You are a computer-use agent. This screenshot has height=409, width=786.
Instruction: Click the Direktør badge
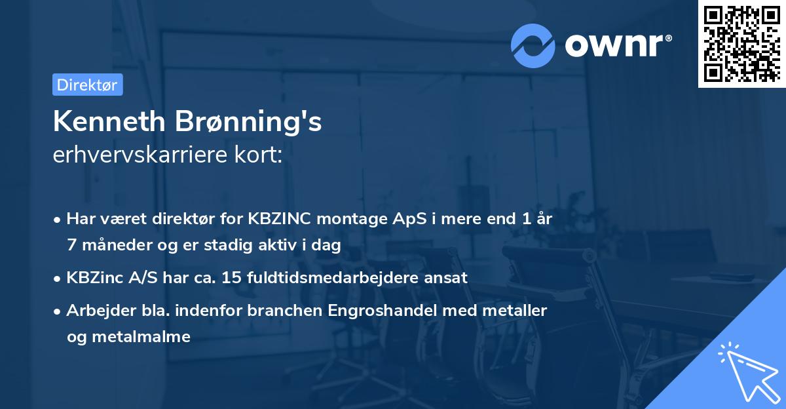pyautogui.click(x=87, y=85)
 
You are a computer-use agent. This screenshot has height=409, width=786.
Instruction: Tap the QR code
pyautogui.click(x=741, y=44)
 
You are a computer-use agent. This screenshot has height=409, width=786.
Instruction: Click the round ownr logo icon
pyautogui.click(x=533, y=45)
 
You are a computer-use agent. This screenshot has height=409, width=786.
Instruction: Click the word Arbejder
pyautogui.click(x=96, y=310)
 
